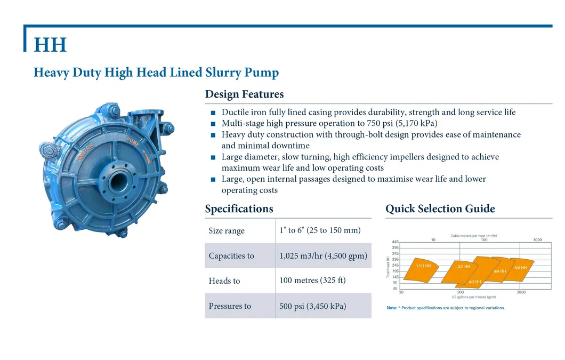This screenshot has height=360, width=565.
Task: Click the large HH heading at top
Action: point(50,45)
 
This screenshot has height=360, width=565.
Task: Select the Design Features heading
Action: point(244,94)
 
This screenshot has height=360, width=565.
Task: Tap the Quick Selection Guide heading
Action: point(440,209)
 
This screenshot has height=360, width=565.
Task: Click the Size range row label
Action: point(227,231)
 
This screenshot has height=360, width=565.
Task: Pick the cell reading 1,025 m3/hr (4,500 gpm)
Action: point(323,255)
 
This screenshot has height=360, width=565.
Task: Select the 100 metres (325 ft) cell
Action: point(312,280)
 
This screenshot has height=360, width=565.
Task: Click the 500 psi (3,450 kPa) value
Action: point(312,306)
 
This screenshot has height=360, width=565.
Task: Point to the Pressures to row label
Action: point(230,306)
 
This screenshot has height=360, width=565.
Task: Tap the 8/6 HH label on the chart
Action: point(520,268)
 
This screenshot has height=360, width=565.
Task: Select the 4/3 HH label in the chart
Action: point(475,282)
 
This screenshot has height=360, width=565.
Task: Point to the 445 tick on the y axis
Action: point(395,242)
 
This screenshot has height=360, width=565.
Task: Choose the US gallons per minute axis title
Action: point(473,297)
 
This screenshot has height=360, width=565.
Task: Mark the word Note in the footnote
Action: point(391,308)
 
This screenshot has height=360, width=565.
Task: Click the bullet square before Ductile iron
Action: point(213,113)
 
